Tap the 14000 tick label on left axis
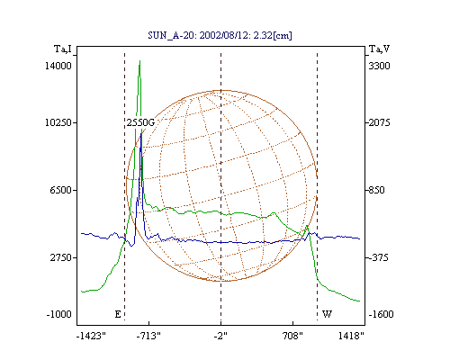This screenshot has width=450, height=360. (58, 66)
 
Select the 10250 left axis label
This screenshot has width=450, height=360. (58, 122)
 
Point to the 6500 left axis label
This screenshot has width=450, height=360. (61, 190)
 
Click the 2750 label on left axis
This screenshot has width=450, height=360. (61, 257)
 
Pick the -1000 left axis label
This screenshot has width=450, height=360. (59, 314)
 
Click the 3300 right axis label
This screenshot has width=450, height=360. (379, 66)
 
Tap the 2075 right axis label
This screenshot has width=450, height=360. (379, 122)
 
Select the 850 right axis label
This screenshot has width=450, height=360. (377, 190)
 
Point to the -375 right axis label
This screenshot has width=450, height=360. (378, 257)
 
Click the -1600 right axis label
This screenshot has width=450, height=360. (381, 314)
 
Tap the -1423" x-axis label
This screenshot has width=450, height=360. (91, 336)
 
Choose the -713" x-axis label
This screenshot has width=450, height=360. (148, 336)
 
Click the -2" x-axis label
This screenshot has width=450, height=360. (220, 336)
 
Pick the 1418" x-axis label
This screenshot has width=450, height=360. (351, 336)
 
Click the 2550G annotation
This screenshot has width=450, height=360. (140, 122)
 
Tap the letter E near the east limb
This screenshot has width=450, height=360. (118, 314)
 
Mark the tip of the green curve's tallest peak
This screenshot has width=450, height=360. (139, 60)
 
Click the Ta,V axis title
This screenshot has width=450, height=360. (379, 49)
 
